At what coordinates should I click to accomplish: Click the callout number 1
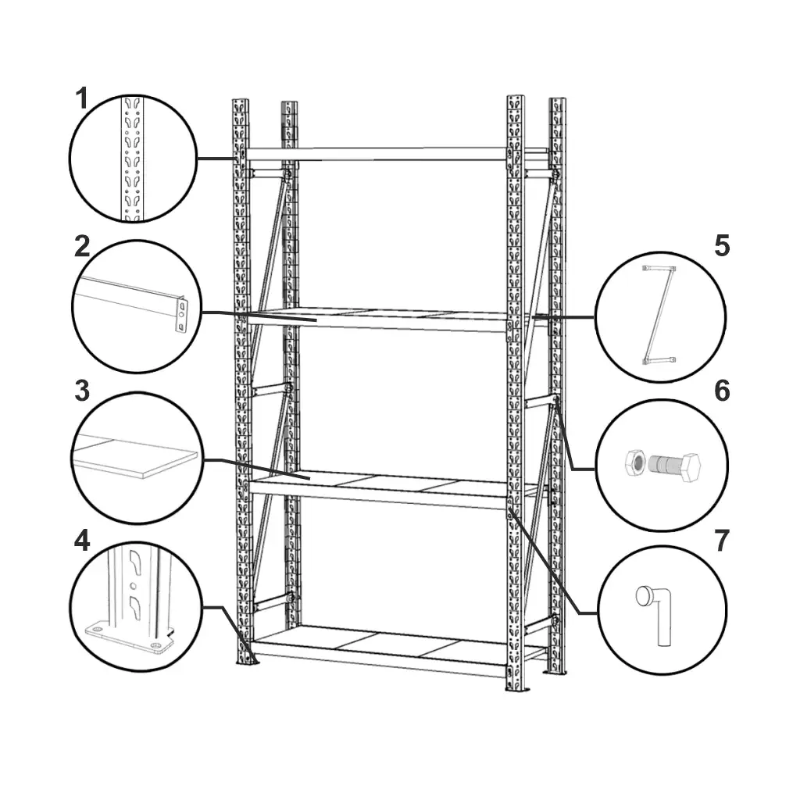tap(82, 98)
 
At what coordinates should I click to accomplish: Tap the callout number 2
tap(82, 247)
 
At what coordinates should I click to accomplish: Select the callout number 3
tap(82, 391)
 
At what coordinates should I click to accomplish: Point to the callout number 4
tap(82, 541)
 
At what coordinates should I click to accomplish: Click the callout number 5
tap(722, 246)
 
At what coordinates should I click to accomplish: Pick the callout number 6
tap(722, 391)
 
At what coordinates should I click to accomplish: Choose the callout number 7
tap(721, 541)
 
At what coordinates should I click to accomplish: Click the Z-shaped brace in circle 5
tap(659, 314)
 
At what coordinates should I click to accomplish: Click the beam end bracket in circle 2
tap(181, 315)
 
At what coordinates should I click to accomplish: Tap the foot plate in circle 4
tap(127, 637)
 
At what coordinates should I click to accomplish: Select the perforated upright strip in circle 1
tap(133, 158)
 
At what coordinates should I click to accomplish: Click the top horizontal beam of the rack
tap(377, 154)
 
